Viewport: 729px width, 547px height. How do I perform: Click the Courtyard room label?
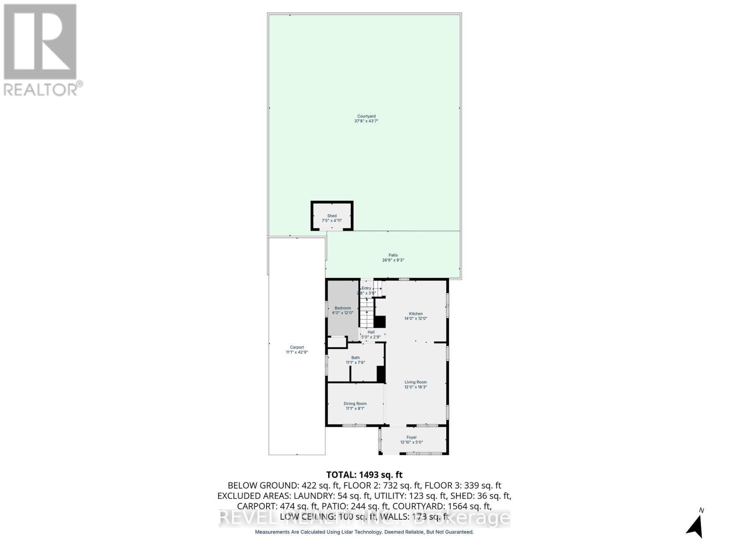point(366,116)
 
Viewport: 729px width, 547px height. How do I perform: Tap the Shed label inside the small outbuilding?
point(332,216)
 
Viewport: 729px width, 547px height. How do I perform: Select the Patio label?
point(393,255)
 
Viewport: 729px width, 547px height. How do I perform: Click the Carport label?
point(297,347)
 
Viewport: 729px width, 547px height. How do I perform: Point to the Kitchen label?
point(416,314)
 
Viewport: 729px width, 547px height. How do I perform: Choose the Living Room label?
point(416,382)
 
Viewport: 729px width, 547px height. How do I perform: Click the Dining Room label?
point(355,403)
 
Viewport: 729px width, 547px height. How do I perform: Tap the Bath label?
point(355,358)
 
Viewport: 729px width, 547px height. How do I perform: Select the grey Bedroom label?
point(343,308)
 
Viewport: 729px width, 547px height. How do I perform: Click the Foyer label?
point(411,437)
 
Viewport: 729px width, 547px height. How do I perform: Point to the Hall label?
point(371,332)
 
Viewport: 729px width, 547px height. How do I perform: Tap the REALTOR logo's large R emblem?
point(40,42)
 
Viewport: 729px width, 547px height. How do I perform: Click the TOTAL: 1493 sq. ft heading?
point(364,475)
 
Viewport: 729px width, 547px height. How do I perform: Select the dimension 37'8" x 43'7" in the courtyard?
point(366,121)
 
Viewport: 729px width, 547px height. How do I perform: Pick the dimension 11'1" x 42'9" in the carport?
point(297,352)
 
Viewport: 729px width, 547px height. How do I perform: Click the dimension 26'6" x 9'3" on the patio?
point(393,260)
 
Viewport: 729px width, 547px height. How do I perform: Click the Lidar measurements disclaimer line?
point(364,532)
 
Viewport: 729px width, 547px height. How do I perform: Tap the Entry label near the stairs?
point(366,288)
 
